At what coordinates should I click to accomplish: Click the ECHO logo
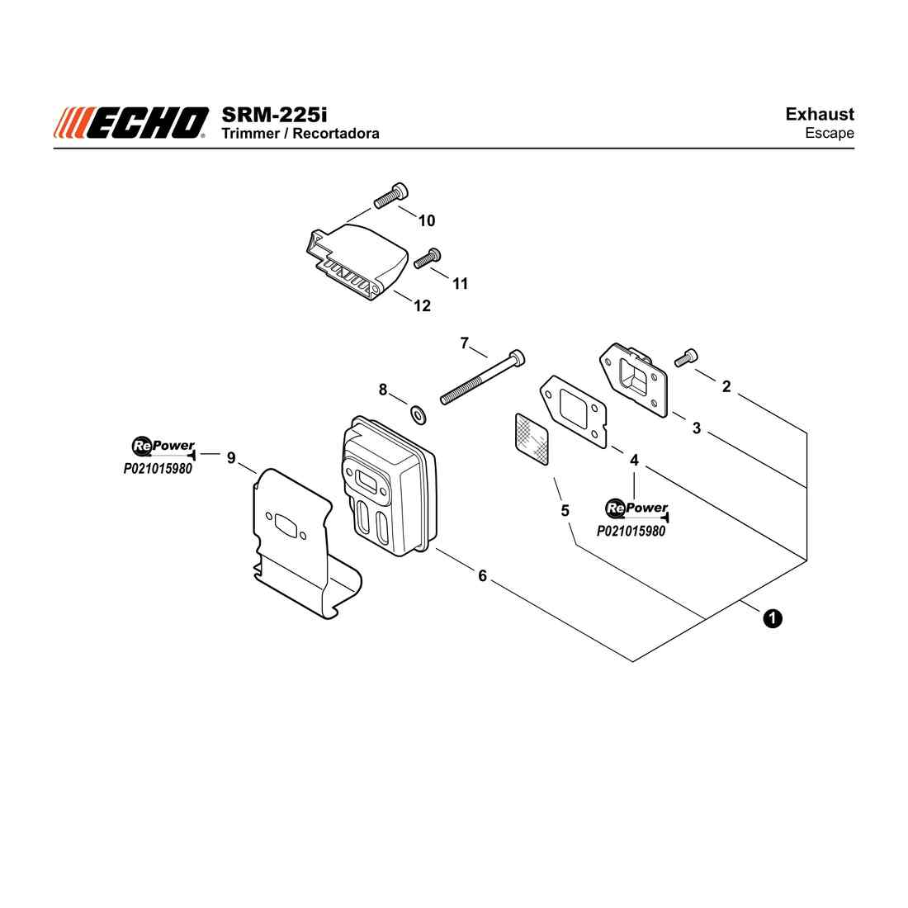(131, 123)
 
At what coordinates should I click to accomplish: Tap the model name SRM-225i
(274, 115)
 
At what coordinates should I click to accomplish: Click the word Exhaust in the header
(820, 114)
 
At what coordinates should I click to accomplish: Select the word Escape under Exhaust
(830, 133)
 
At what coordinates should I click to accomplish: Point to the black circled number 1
(773, 618)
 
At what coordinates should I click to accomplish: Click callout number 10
(427, 220)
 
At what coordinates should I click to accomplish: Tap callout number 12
(422, 305)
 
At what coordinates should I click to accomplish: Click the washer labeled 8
(419, 414)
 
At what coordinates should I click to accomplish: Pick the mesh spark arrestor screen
(532, 438)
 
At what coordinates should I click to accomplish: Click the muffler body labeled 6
(388, 486)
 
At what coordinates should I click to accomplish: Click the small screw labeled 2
(686, 357)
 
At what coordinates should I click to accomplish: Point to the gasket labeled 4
(574, 411)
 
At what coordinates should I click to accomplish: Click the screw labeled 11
(428, 258)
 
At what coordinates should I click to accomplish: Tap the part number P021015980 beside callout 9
(158, 469)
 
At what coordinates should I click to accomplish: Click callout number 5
(565, 511)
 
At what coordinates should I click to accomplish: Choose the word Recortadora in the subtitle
(336, 134)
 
